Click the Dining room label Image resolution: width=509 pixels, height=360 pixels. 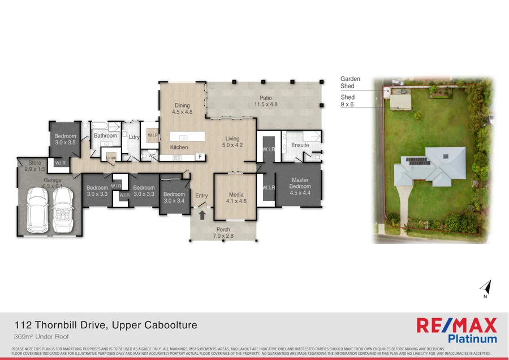[182, 109]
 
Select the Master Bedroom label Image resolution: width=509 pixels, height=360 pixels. [300, 183]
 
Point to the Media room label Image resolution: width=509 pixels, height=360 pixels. [236, 198]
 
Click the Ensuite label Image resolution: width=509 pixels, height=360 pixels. [300, 145]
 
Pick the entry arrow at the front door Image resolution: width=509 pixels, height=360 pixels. [202, 215]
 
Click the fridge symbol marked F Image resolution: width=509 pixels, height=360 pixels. [199, 157]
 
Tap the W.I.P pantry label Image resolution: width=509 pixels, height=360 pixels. [152, 136]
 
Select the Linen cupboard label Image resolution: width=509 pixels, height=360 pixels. [111, 157]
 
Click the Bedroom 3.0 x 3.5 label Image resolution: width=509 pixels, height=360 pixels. [65, 139]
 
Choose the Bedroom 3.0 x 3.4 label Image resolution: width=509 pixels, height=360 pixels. [174, 198]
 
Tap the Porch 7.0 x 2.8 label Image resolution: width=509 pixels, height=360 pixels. [223, 233]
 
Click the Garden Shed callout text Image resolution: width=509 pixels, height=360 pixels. [350, 83]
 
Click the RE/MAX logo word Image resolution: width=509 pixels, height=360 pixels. [456, 325]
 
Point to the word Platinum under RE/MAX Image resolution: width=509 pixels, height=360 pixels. [472, 339]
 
